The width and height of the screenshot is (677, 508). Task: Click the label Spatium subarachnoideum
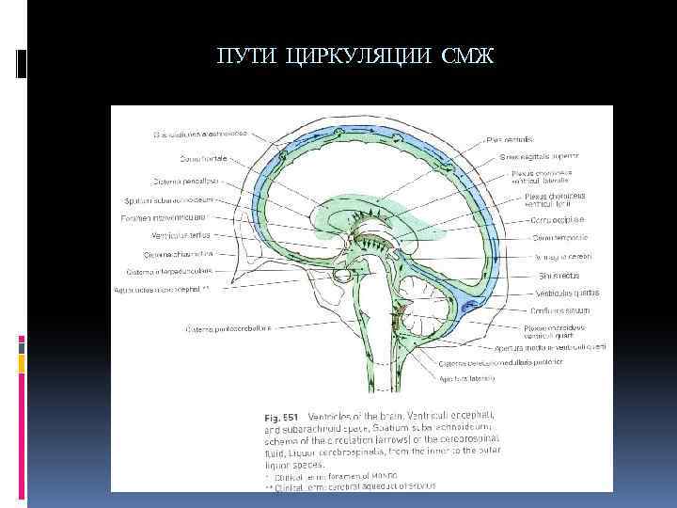(170, 200)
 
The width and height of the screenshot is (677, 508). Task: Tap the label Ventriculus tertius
(179, 236)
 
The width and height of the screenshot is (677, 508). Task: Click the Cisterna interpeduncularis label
(171, 272)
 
